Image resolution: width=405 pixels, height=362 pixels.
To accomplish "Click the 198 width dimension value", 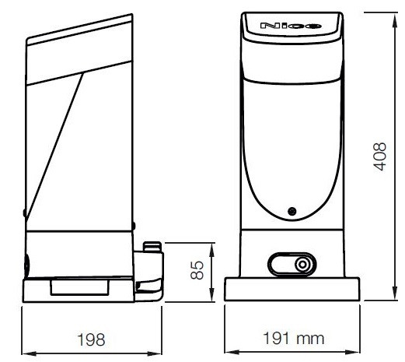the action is click(x=91, y=339).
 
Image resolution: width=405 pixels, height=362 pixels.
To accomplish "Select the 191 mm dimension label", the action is click(x=294, y=339).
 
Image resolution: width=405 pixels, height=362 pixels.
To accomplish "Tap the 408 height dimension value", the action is click(x=379, y=156).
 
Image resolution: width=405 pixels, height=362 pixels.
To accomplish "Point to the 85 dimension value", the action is click(x=197, y=270).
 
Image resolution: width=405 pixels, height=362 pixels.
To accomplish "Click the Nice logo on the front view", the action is click(x=291, y=26).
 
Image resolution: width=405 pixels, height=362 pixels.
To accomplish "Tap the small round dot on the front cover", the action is click(x=292, y=211).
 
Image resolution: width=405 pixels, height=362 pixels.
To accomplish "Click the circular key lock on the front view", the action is click(x=302, y=265).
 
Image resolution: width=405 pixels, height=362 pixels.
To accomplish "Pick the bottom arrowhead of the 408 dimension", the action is click(x=394, y=293).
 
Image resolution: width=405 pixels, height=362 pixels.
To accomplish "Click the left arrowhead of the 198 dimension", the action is click(x=29, y=353).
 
